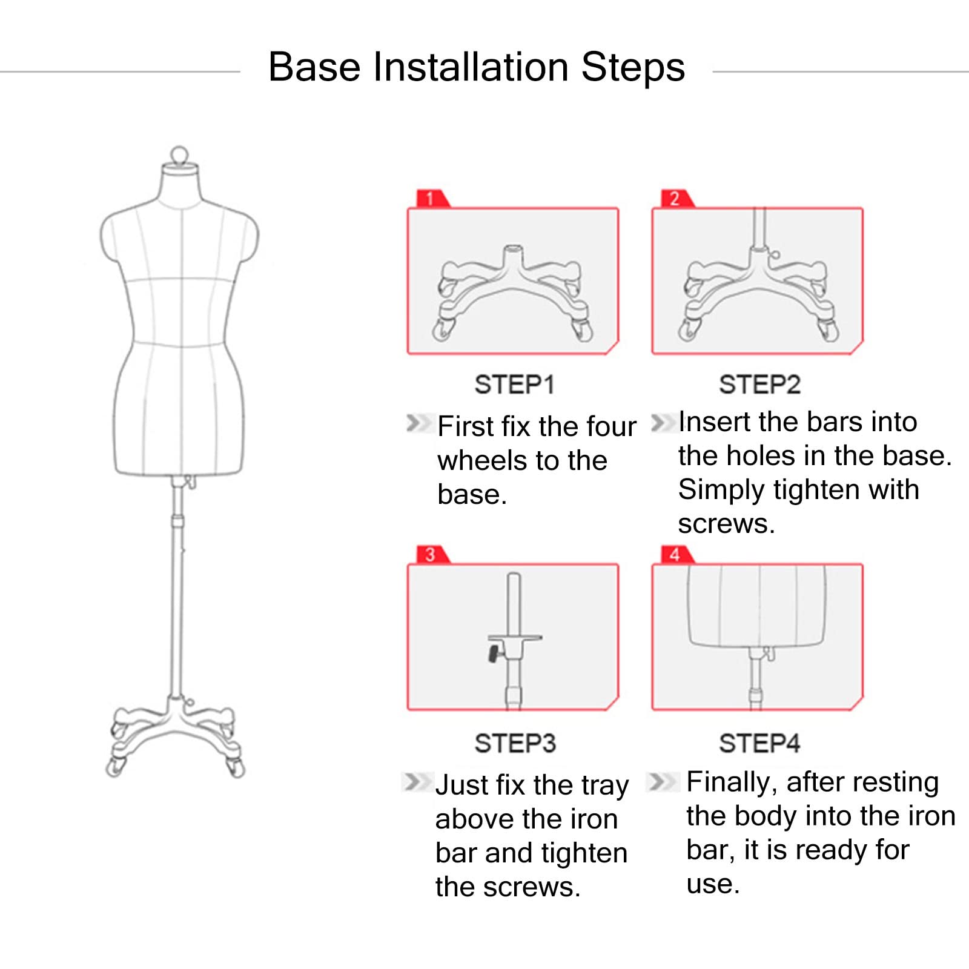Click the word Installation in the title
pos(470,67)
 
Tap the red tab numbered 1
pos(431,199)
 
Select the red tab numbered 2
pos(675,199)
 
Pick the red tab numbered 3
pos(431,555)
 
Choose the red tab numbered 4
pos(675,555)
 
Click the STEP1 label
pos(514,385)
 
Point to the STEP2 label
pos(759,385)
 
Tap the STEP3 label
pos(515,743)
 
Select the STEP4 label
pos(759,743)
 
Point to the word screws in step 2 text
pos(726,524)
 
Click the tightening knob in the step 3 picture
pos(494,653)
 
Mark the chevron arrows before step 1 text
pos(417,423)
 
